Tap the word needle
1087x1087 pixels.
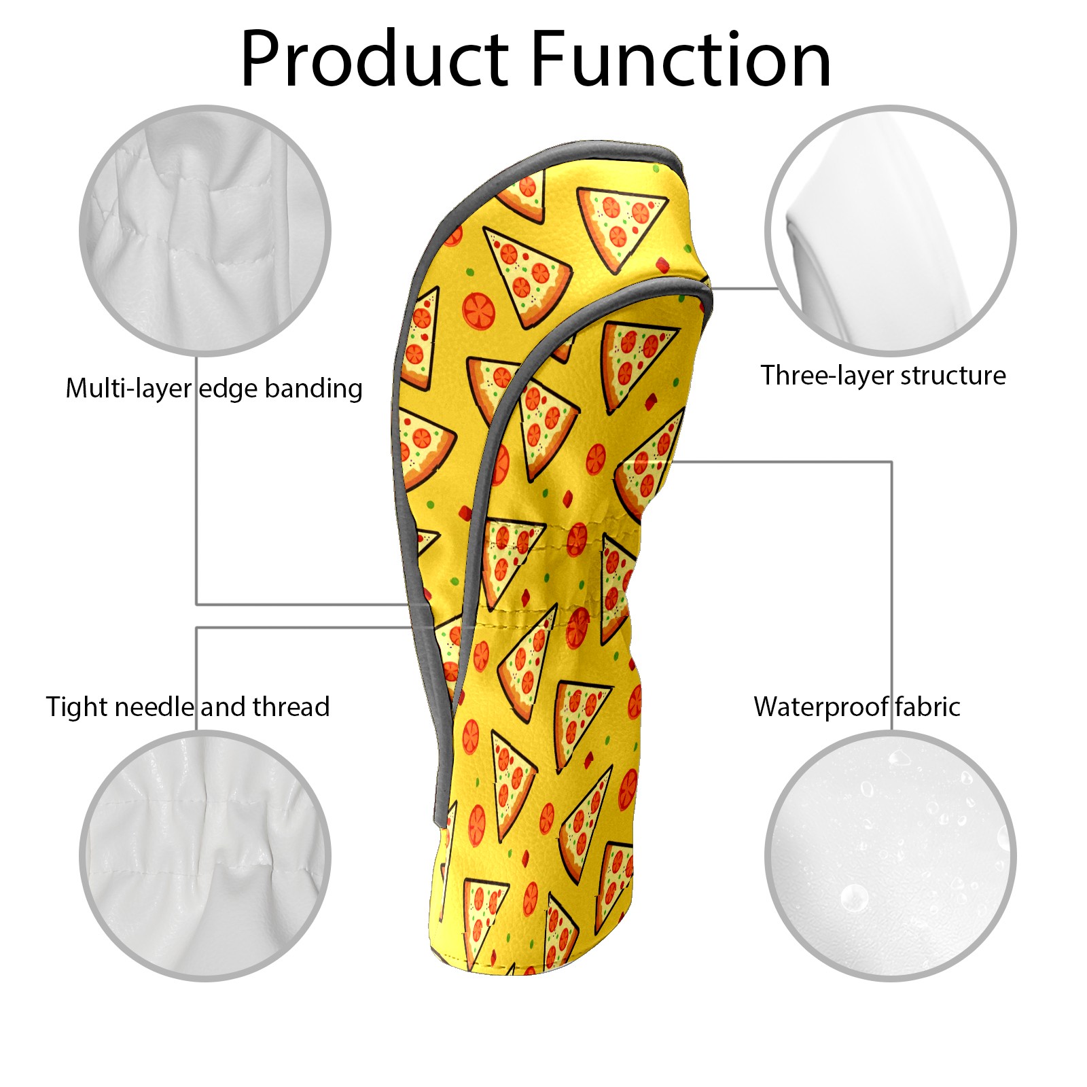point(154,707)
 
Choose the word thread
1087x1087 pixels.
point(291,707)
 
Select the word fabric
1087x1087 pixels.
point(927,707)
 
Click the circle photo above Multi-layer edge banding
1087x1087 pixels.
point(205,230)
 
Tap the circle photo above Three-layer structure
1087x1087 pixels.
point(891,230)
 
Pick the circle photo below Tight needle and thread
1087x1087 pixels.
point(205,856)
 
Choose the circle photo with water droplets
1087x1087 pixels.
point(891,856)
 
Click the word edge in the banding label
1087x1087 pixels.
point(228,389)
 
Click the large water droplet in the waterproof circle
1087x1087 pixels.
point(853,898)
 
